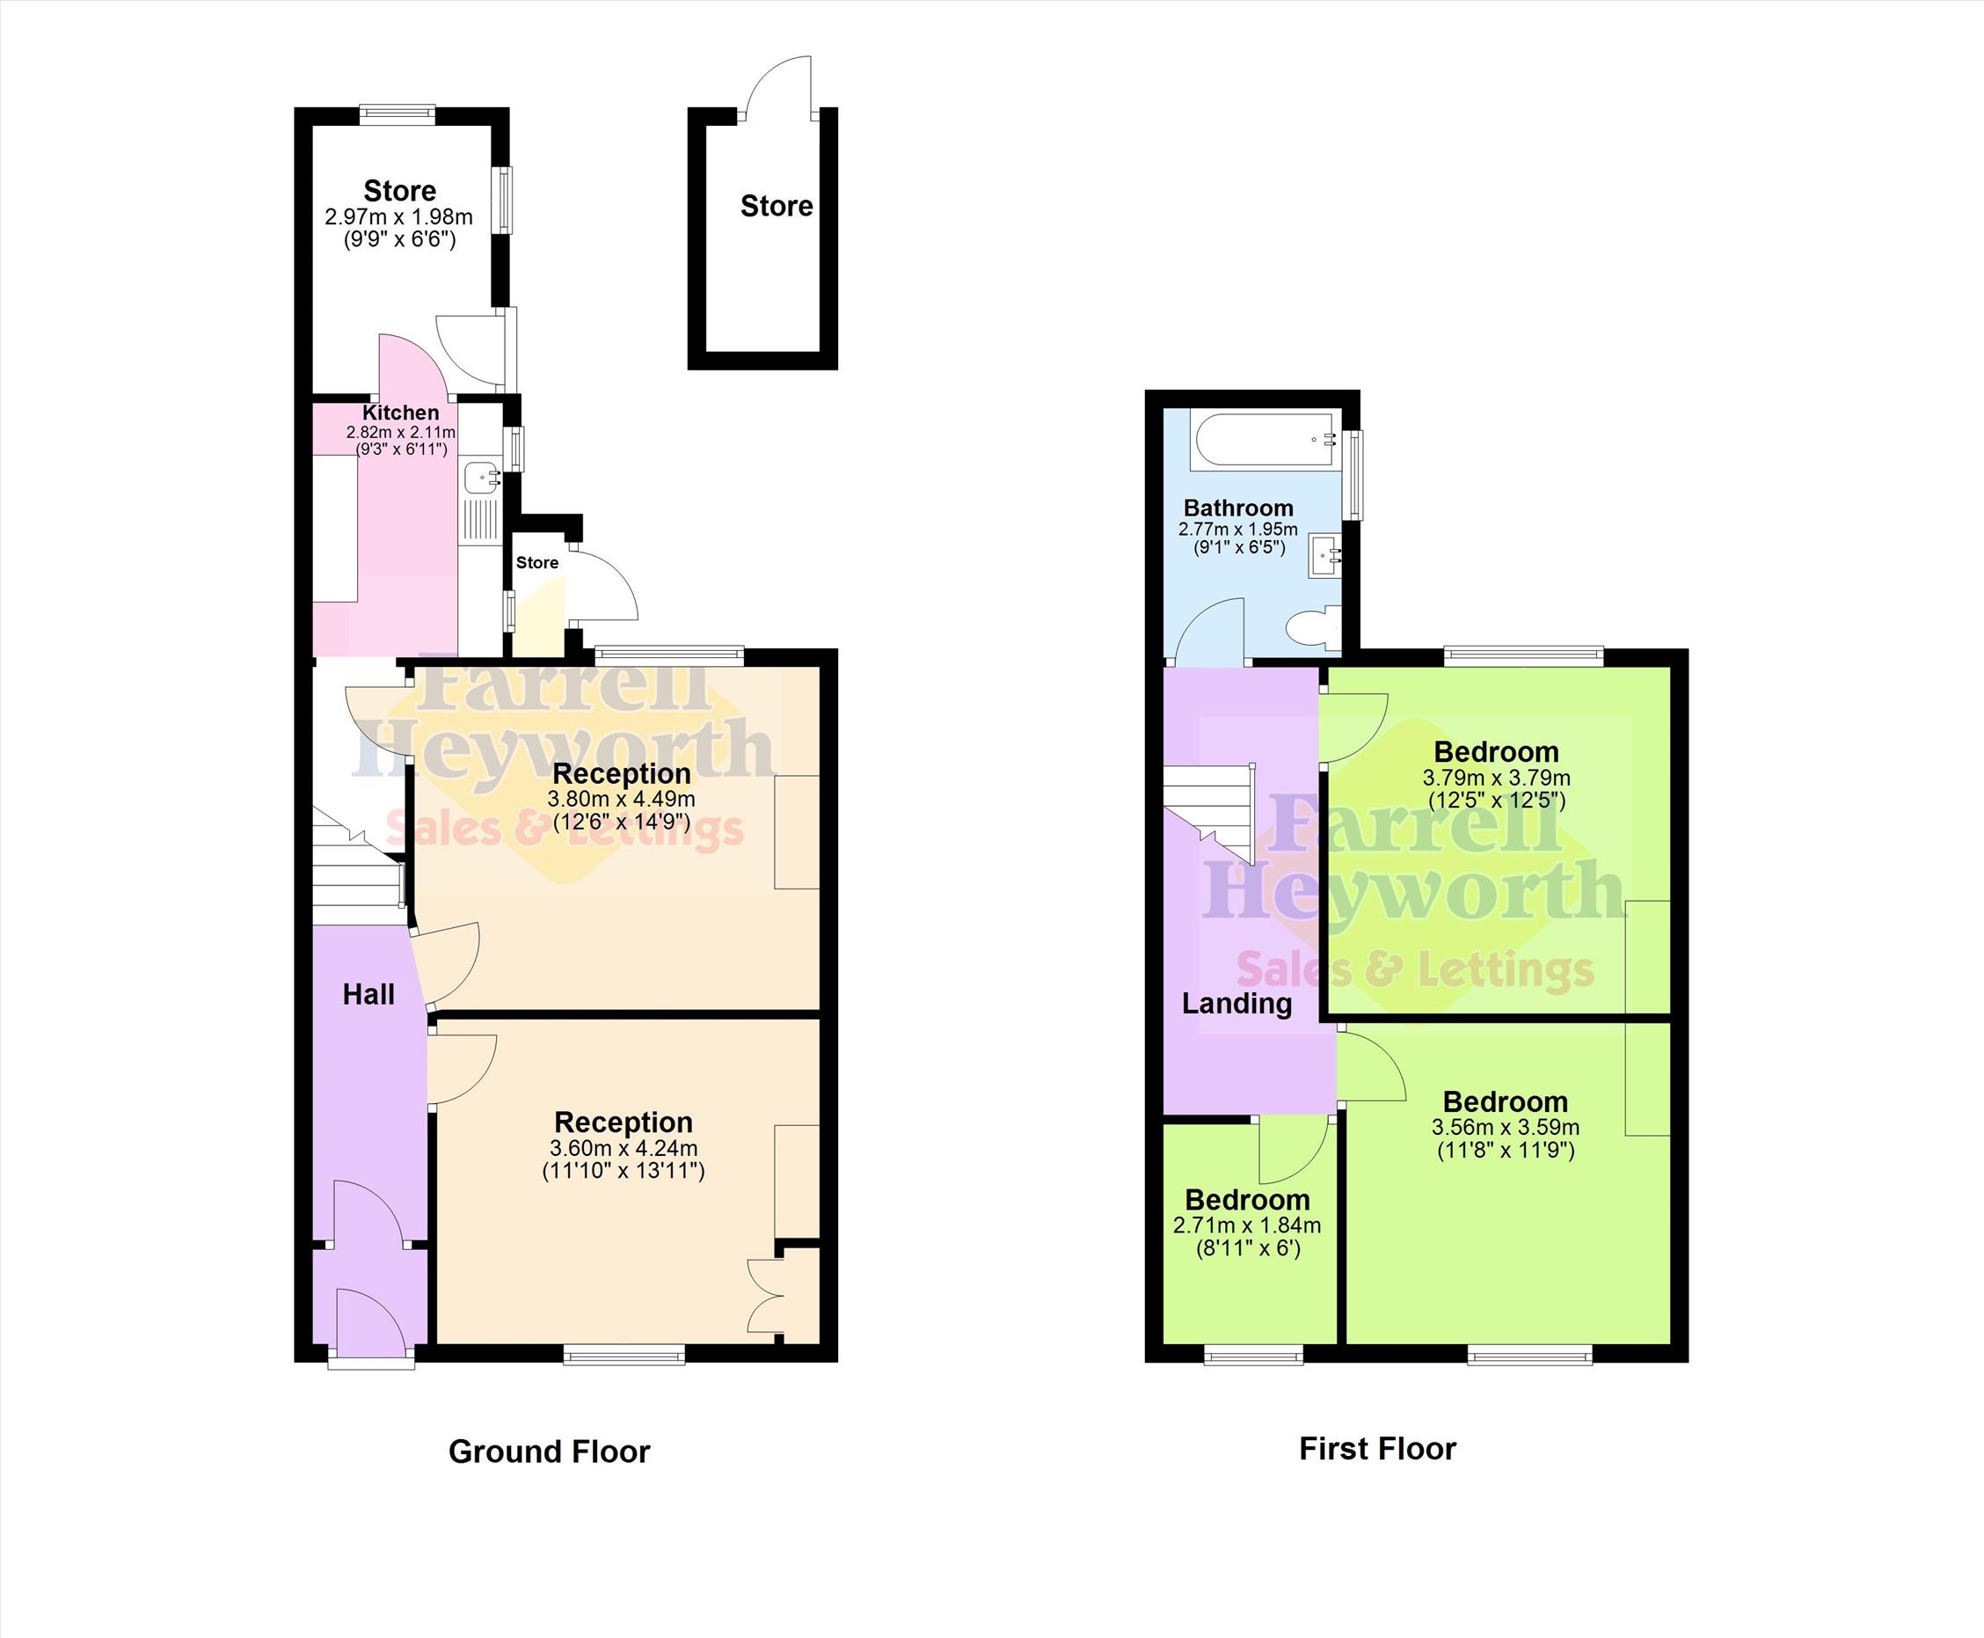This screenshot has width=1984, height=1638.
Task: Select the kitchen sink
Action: (x=482, y=478)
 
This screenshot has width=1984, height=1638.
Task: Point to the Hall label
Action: (x=368, y=993)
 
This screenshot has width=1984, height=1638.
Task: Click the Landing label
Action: (x=1236, y=1003)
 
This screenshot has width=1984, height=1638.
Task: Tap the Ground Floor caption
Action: (x=549, y=1452)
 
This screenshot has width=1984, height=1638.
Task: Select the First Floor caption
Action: (x=1377, y=1448)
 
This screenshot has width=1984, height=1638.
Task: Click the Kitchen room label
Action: (x=401, y=413)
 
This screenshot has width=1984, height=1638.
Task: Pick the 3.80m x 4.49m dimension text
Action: (x=622, y=799)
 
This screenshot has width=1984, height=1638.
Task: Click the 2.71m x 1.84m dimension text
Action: (x=1247, y=1225)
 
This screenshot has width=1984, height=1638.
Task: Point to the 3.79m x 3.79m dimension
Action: (x=1496, y=779)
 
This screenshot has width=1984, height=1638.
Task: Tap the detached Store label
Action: (x=777, y=206)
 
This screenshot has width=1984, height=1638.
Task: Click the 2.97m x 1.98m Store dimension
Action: (x=399, y=217)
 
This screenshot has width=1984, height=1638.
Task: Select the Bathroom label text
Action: (x=1239, y=508)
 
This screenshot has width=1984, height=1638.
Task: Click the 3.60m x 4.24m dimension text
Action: (x=624, y=1148)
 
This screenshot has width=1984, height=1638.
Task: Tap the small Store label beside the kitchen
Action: (x=536, y=562)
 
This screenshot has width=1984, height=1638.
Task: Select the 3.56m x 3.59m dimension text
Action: (x=1506, y=1128)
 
